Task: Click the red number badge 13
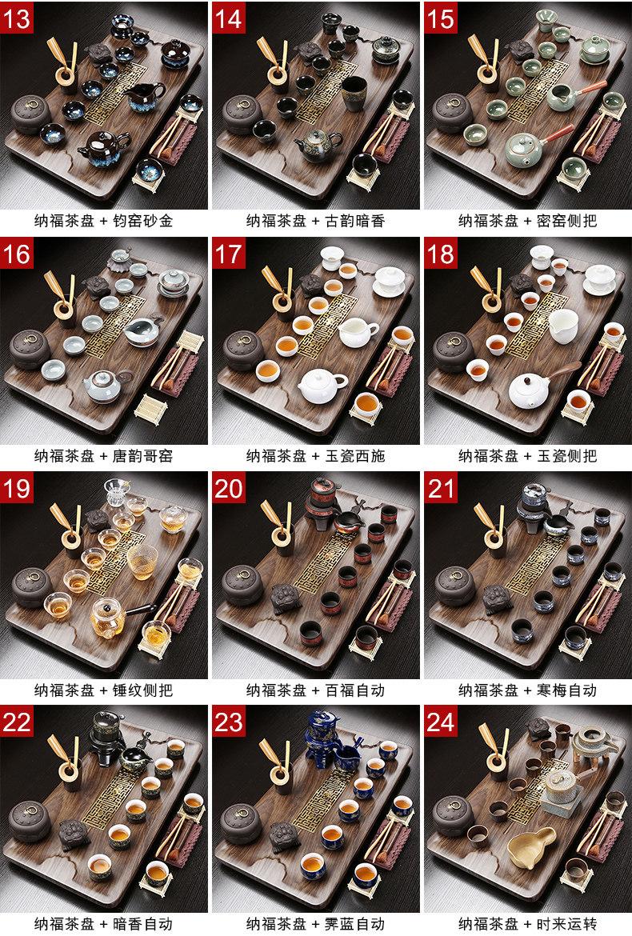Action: [17, 18]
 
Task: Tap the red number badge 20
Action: [229, 488]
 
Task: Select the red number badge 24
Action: [441, 722]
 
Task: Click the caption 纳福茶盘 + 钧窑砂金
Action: [104, 221]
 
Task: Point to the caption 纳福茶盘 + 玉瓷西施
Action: [316, 456]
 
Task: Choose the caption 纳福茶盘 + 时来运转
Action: [527, 924]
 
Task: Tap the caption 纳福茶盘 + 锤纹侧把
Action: [104, 690]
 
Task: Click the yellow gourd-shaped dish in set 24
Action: [531, 845]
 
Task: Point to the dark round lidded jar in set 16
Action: [30, 349]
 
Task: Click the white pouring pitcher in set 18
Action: [562, 326]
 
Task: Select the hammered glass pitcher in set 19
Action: [142, 562]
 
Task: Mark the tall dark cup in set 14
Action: [354, 93]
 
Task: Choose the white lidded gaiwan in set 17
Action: [390, 280]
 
